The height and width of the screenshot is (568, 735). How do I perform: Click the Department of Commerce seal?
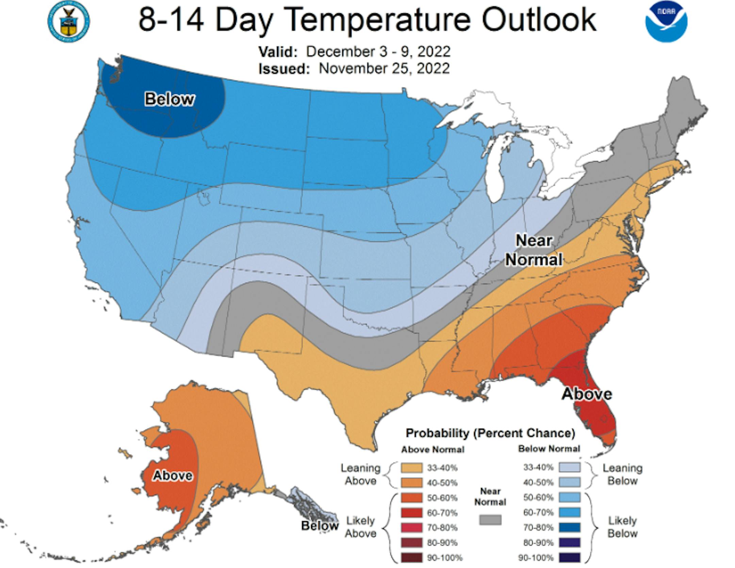tap(69, 21)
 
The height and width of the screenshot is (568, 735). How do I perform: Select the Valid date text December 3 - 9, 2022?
tap(378, 52)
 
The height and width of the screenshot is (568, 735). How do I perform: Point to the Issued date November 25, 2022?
tap(384, 68)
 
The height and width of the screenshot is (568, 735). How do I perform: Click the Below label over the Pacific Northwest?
tap(169, 99)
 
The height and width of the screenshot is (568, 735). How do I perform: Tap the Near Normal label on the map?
tap(533, 250)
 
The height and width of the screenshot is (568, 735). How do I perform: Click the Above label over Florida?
tap(587, 394)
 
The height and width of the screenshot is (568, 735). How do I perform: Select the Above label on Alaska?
tap(173, 475)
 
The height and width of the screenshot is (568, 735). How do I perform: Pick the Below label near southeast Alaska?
tap(320, 525)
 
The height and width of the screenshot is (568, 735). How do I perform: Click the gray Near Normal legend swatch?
tap(490, 520)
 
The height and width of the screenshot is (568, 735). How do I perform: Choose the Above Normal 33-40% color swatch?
tap(411, 468)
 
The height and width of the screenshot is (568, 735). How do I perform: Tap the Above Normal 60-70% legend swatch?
tap(411, 513)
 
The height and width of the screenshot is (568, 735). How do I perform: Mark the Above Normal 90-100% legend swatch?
tap(411, 557)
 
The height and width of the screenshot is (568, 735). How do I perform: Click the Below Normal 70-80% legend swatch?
tap(570, 528)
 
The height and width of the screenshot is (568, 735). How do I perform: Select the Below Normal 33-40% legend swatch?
tap(570, 467)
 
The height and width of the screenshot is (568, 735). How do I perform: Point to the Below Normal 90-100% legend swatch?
tap(570, 557)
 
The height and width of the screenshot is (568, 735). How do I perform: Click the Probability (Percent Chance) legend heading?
tap(490, 433)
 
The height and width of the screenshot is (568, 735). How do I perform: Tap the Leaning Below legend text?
tap(622, 474)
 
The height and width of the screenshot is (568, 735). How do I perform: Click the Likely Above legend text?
tap(361, 527)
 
